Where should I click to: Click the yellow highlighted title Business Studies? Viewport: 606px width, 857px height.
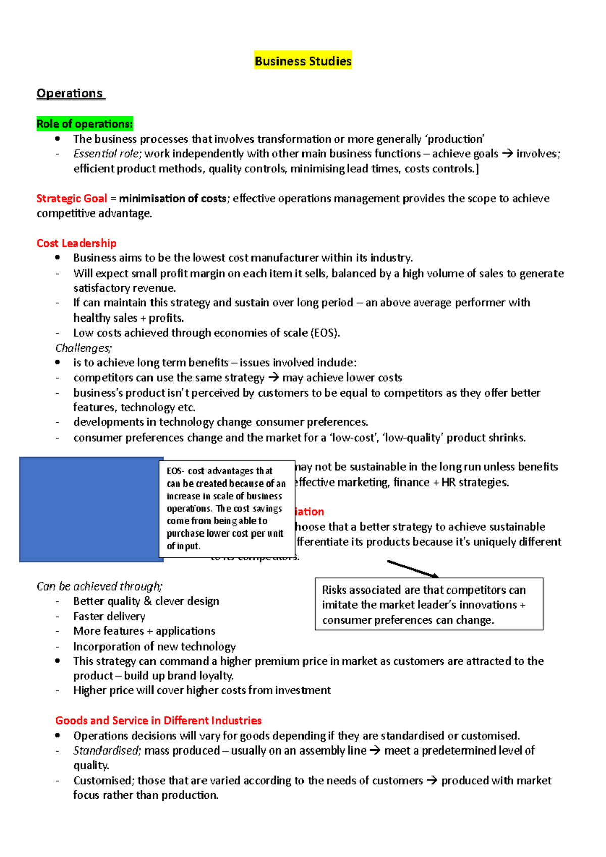[302, 61]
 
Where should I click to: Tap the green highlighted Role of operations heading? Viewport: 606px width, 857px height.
[84, 124]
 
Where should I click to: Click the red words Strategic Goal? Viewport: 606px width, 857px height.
[72, 199]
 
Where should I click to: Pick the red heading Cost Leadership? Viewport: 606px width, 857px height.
[76, 243]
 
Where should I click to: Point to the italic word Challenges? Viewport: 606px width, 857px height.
[83, 348]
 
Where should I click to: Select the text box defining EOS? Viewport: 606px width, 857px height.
[226, 508]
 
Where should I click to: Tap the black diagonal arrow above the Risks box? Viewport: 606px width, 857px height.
[412, 569]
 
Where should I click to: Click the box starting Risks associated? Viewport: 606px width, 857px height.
[428, 605]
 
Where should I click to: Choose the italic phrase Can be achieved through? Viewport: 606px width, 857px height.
[99, 586]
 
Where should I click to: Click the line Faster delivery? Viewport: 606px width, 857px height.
[109, 616]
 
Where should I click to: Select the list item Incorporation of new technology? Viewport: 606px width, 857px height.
[154, 647]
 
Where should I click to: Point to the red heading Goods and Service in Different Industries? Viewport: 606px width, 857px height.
[158, 721]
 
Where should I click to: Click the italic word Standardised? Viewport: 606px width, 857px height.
[107, 751]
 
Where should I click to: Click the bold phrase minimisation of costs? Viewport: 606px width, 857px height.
[172, 199]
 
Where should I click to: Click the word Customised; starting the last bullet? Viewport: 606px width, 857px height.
[104, 781]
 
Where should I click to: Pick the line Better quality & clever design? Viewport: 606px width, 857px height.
[146, 601]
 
